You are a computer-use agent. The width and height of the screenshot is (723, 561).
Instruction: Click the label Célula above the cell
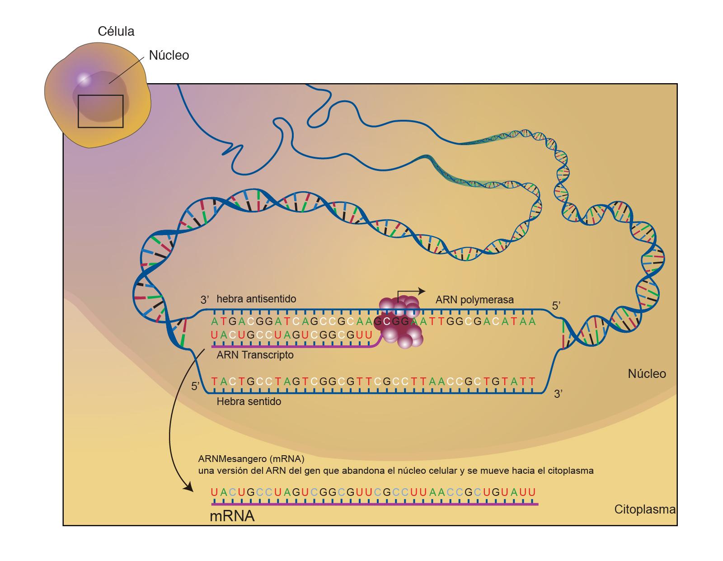pos(116,32)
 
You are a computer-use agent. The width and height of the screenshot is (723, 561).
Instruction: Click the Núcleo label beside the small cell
pos(169,56)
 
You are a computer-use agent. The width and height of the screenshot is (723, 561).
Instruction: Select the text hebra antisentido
pos(256,299)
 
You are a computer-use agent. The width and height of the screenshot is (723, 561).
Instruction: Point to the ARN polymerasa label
pos(474,300)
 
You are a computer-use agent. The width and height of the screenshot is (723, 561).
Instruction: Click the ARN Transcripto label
pos(255,355)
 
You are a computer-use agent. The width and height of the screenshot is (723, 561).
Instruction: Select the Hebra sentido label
pos(249,401)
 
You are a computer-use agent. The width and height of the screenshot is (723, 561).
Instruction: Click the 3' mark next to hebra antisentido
pos(205,300)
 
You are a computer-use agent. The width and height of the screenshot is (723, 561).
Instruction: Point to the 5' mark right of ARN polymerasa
pos(556,306)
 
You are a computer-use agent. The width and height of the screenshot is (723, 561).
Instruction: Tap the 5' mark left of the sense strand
pos(196,386)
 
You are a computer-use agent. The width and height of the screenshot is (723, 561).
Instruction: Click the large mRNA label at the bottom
pos(232,516)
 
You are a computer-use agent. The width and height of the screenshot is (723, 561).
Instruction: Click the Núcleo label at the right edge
pos(647,374)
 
